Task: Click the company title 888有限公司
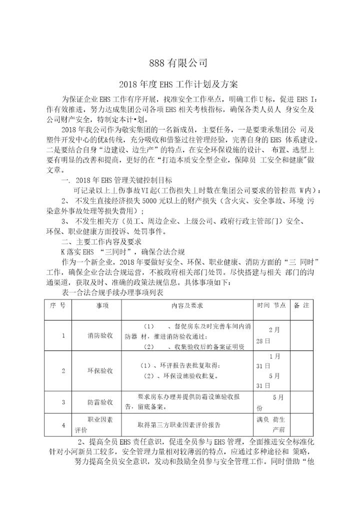[x=178, y=63]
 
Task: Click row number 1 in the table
[x=63, y=335]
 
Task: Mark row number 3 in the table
[x=63, y=402]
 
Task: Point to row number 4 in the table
[x=63, y=425]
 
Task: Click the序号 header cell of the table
[x=58, y=305]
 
